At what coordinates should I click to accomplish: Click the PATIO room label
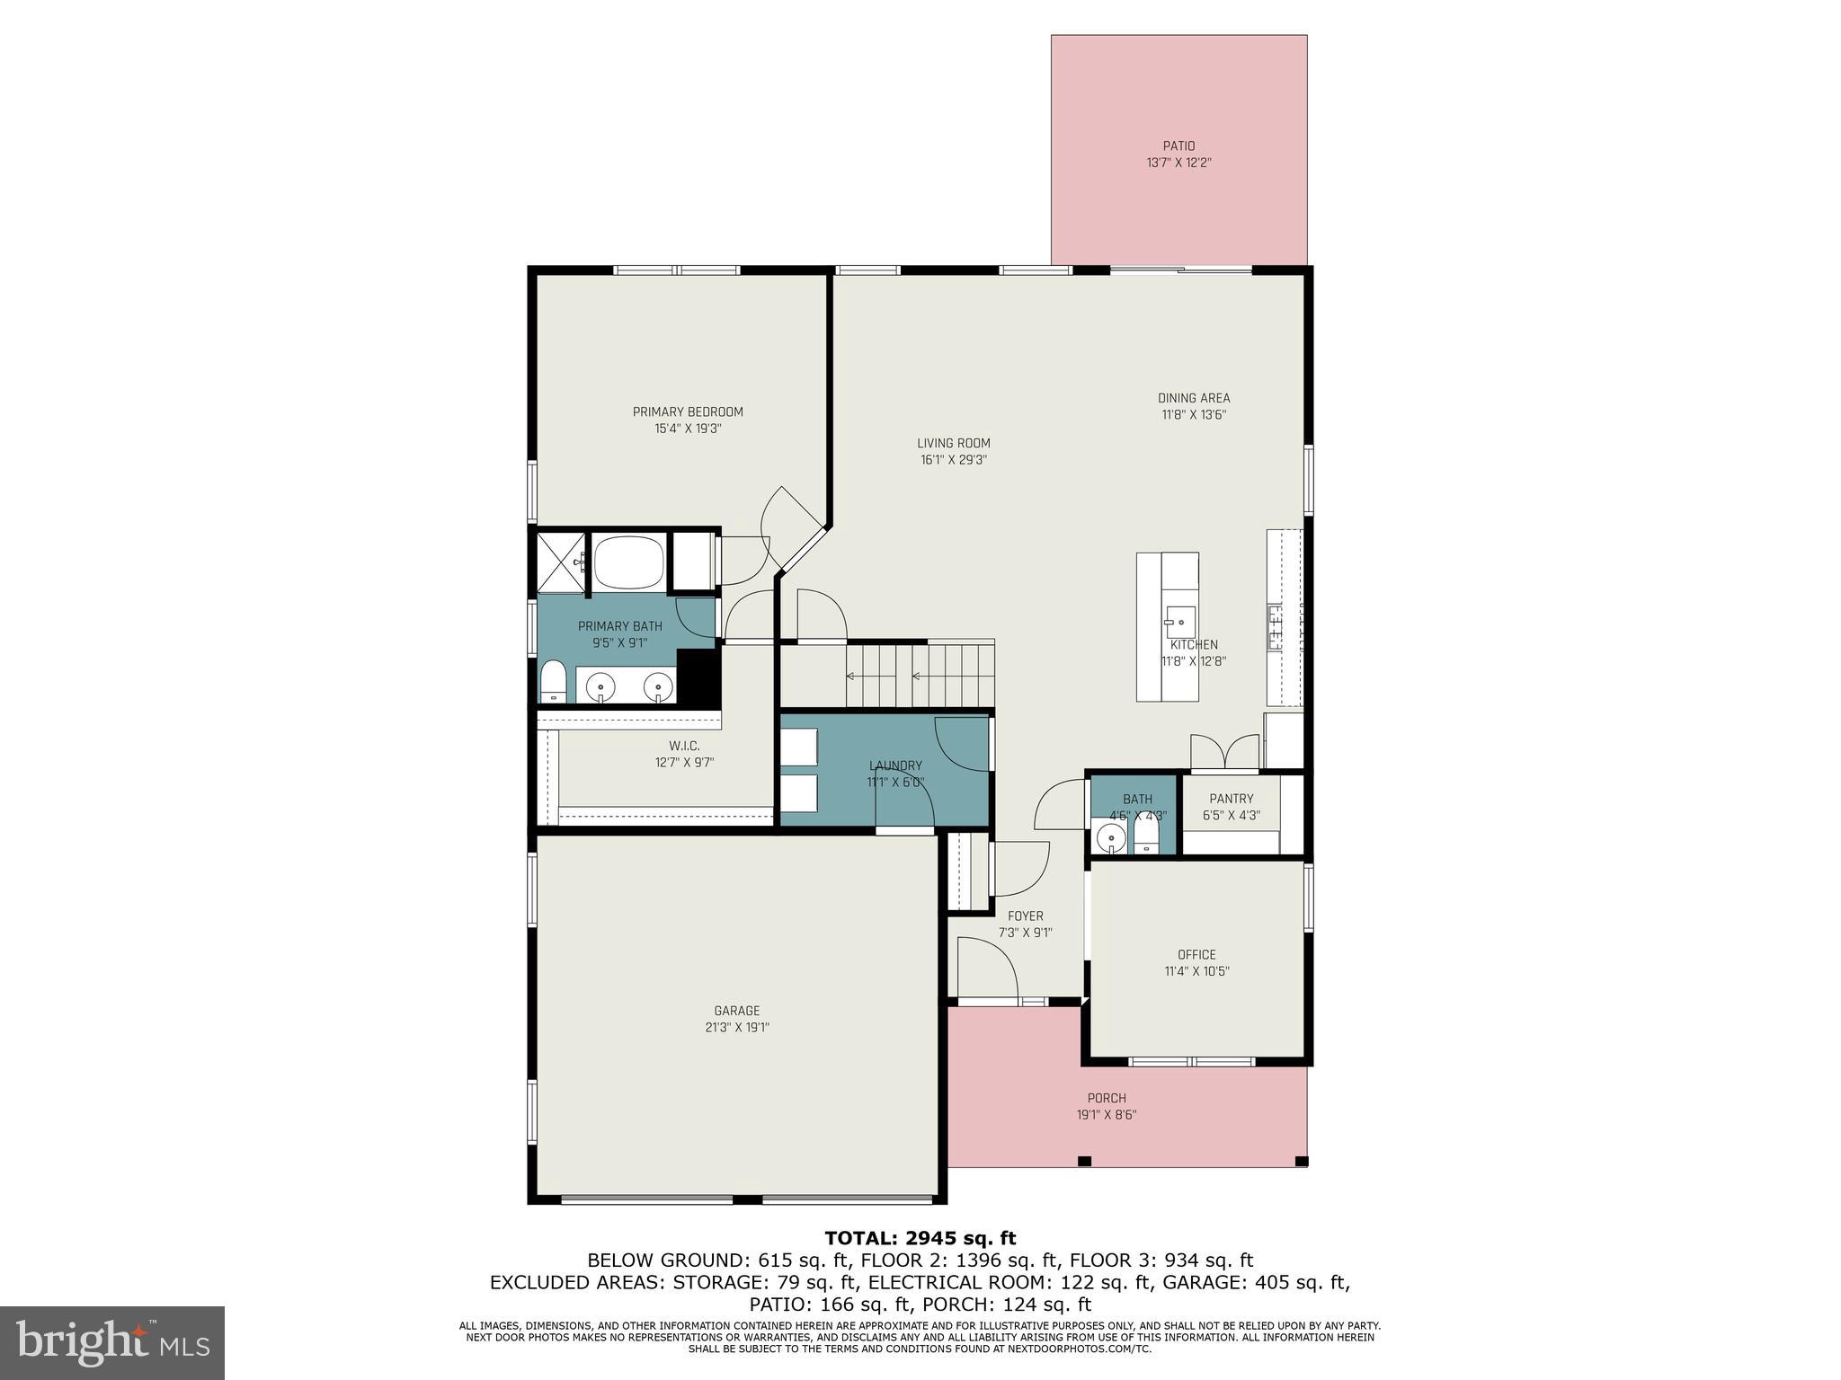tap(1178, 146)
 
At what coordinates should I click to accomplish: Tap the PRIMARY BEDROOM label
tap(688, 412)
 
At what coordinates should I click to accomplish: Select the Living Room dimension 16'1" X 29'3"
tap(953, 460)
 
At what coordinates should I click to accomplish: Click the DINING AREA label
tap(1193, 398)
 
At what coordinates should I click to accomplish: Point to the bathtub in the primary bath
tap(629, 562)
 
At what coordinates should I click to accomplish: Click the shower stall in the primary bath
tap(560, 562)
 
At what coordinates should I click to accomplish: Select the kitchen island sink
tap(1179, 621)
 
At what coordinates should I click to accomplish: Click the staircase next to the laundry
tap(917, 677)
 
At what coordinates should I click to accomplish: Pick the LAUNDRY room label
tap(895, 765)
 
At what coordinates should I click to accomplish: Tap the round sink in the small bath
tap(1112, 840)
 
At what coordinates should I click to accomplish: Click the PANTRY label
tap(1231, 799)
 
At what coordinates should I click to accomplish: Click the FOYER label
tap(1025, 916)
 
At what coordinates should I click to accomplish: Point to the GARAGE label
tap(737, 1011)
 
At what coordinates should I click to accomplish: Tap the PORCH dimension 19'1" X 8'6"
tap(1107, 1115)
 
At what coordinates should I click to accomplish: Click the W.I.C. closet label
tap(684, 746)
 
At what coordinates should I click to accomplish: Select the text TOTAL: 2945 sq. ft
tap(920, 1239)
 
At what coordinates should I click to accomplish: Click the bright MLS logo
tap(112, 1342)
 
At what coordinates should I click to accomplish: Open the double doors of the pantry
tap(1223, 753)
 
